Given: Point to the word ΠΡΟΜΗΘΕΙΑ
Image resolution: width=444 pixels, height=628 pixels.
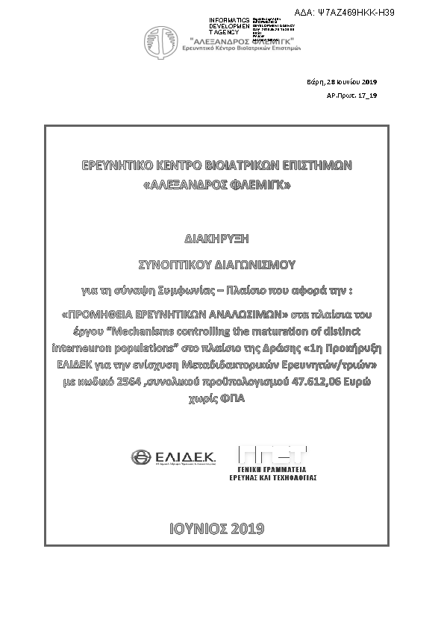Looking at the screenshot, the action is point(106,314).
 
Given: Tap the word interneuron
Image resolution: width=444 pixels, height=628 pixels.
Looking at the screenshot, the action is point(84,348).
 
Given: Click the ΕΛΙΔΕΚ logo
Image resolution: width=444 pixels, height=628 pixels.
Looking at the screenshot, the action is point(172,457).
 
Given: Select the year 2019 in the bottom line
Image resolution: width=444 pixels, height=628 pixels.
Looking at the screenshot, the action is point(248,530).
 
